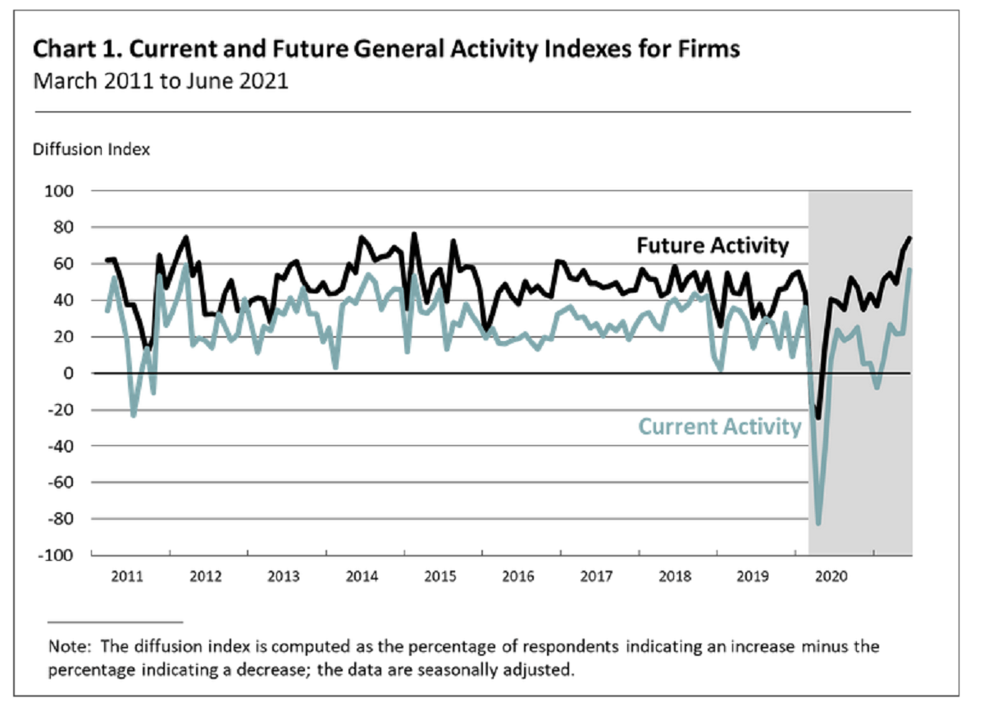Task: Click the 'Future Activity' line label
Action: tap(713, 245)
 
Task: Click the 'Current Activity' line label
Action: tap(719, 426)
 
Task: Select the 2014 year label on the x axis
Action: tap(362, 576)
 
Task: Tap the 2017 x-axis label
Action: tap(596, 576)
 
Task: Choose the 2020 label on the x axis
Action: tap(830, 576)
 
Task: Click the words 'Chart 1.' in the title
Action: tap(71, 50)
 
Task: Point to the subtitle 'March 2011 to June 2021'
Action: tap(160, 83)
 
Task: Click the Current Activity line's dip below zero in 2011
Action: tap(134, 416)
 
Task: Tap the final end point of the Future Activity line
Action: tap(910, 238)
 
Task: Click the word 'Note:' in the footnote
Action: tap(69, 646)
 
